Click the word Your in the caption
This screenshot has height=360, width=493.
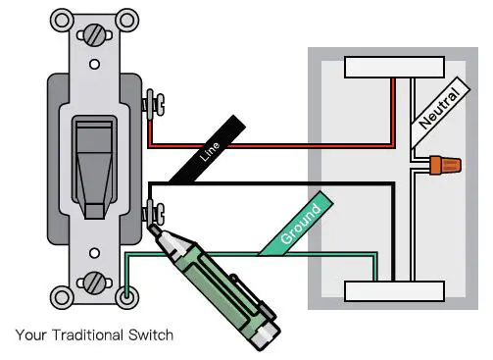[30, 335]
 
